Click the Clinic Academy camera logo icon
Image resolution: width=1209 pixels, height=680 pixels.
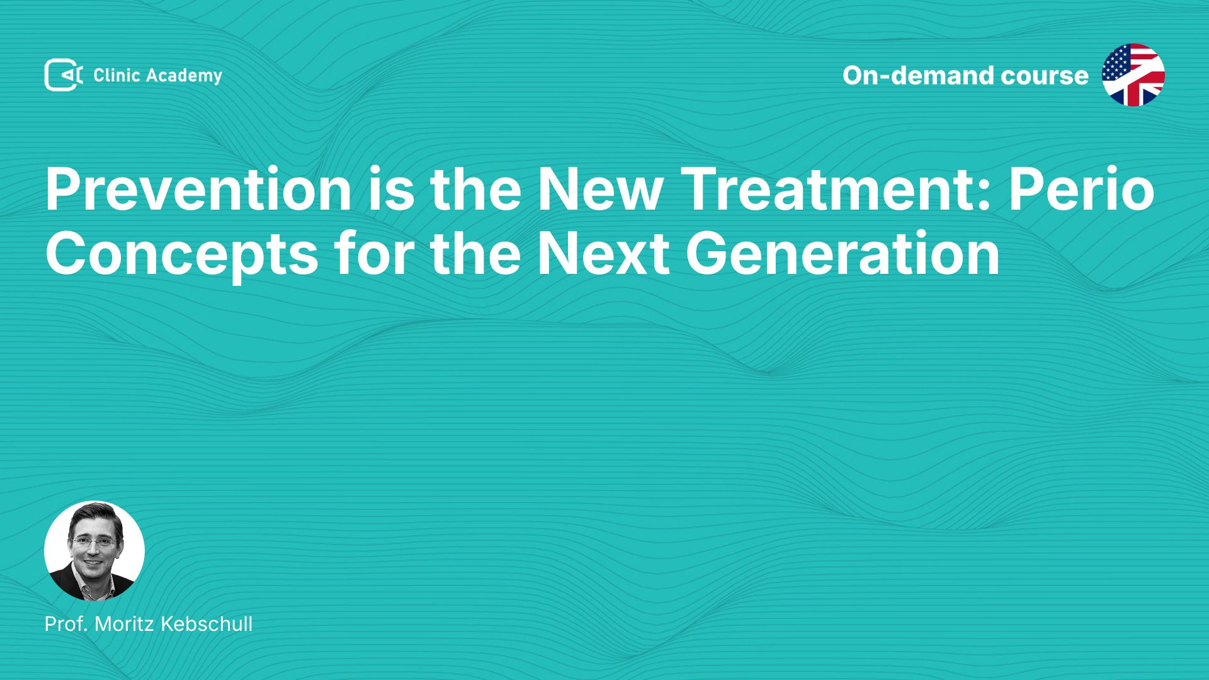coord(64,75)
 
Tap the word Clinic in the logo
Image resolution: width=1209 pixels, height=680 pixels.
coord(116,76)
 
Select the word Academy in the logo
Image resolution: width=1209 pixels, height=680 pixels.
coord(184,76)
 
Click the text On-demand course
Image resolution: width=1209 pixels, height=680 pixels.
coord(965,76)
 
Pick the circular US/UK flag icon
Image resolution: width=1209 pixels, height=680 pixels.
coord(1133,75)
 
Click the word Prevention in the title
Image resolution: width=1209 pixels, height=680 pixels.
coord(198,190)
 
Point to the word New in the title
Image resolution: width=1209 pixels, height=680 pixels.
coord(599,190)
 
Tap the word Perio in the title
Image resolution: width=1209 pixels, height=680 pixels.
coord(1082,190)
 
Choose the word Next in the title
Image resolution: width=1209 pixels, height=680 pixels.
coord(603,253)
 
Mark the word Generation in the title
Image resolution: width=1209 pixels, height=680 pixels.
coord(843,253)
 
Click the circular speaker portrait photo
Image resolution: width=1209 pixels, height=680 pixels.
coord(94,551)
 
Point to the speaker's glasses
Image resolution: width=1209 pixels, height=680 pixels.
coord(94,541)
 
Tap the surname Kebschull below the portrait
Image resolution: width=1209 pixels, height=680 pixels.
coord(207,624)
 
